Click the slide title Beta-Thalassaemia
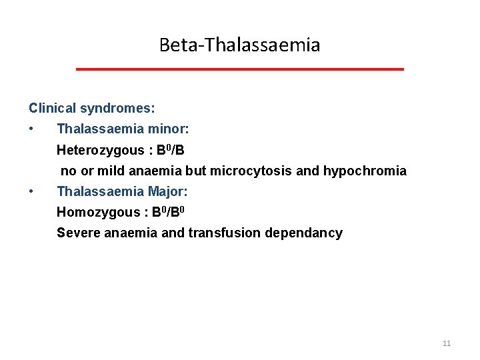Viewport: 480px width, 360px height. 239,45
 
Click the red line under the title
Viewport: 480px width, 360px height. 239,69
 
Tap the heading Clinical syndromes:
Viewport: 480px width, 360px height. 92,108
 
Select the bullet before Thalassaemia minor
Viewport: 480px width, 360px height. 31,129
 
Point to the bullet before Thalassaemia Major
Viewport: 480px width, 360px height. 31,192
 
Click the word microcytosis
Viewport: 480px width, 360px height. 251,171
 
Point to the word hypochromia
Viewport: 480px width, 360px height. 365,171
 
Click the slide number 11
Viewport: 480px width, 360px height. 447,343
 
